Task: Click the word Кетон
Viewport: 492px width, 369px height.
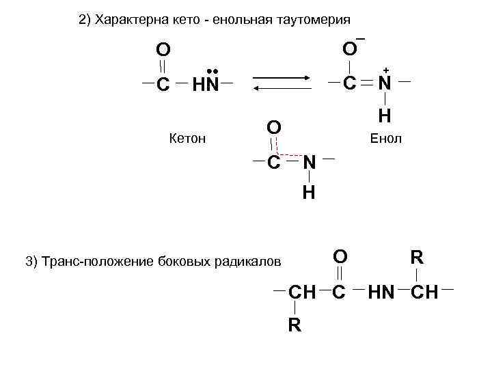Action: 187,139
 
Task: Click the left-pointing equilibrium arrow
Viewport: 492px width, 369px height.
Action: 282,88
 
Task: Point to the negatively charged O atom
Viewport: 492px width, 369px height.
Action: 349,49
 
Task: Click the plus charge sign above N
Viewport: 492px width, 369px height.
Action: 386,70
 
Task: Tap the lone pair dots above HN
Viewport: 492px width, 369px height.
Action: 212,70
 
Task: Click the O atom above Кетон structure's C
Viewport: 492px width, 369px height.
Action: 163,49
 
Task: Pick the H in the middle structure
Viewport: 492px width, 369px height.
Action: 309,193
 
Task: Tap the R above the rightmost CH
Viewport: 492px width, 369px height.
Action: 416,258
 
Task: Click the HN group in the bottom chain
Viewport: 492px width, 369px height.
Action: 381,292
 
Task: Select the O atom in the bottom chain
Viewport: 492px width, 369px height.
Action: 340,258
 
